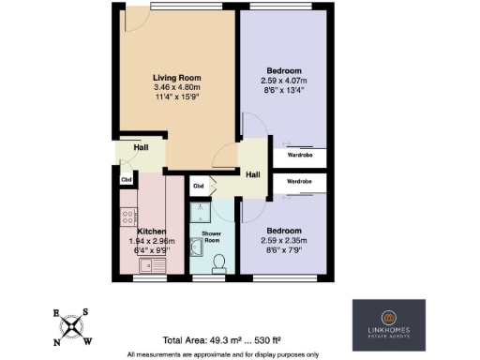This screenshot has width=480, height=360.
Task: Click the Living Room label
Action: [x=176, y=78]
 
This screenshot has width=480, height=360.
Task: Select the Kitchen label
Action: [x=151, y=230]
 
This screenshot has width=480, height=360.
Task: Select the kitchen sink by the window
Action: [x=149, y=264]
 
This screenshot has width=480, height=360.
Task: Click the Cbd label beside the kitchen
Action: [x=125, y=178]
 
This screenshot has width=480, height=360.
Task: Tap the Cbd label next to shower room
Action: [x=199, y=186]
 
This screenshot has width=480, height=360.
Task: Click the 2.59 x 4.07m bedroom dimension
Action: [x=283, y=81]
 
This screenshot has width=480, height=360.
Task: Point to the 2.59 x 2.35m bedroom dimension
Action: [x=283, y=239]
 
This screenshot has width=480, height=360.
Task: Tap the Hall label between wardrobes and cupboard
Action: [x=253, y=174]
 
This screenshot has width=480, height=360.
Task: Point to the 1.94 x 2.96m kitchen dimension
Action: [x=151, y=240]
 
